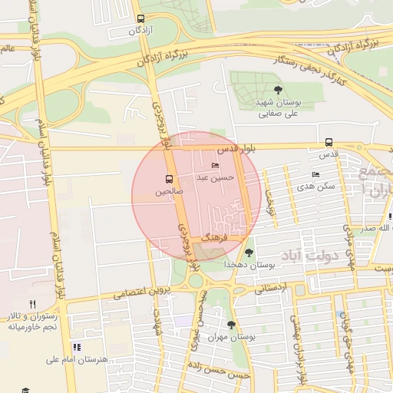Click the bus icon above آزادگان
tap(140, 18)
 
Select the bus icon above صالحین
tap(170, 179)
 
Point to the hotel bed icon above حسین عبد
tap(215, 166)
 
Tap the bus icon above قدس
tap(329, 142)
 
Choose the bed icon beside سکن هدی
tap(315, 175)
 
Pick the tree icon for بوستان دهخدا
tap(249, 253)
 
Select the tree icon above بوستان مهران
tap(231, 325)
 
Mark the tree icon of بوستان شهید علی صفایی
tap(277, 90)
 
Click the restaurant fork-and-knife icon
tap(31, 304)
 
